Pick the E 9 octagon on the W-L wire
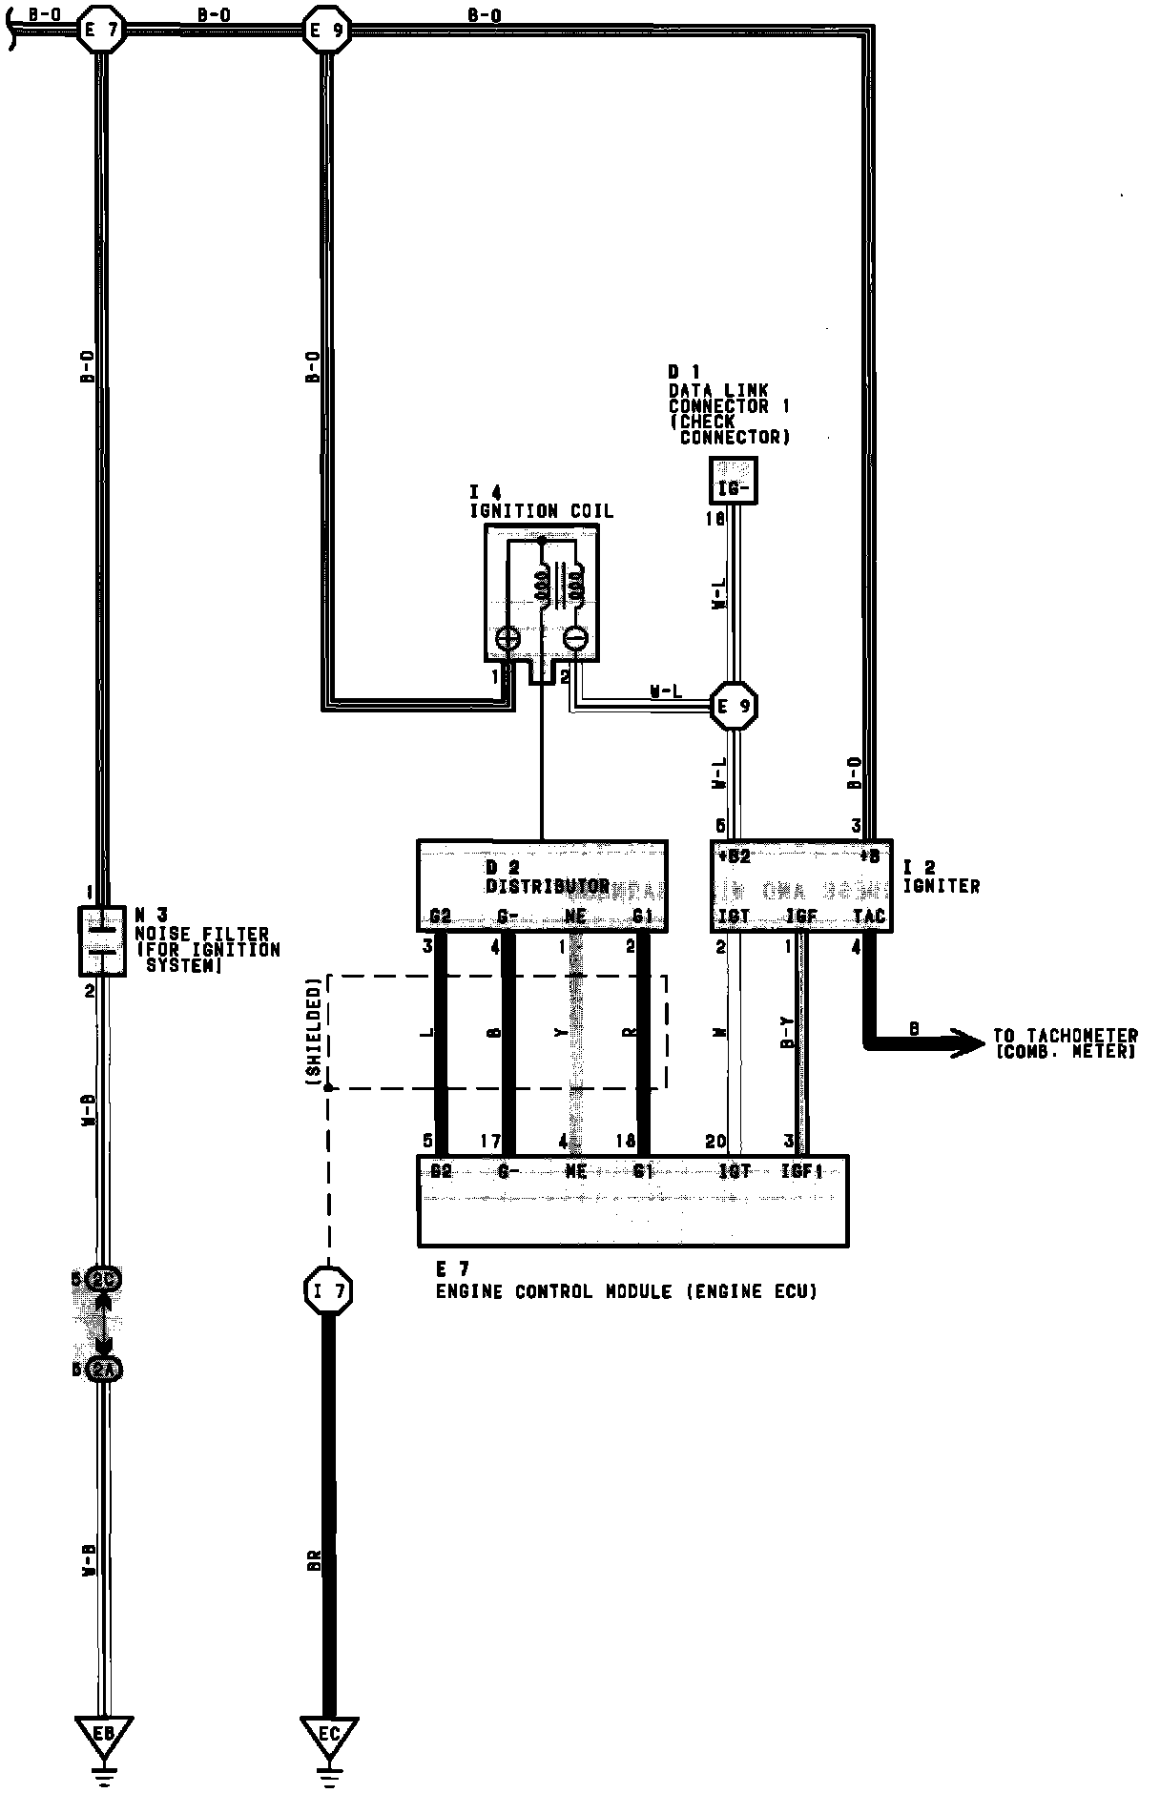735,707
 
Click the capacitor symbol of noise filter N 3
102,939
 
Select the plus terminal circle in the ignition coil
507,638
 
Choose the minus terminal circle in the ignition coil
576,638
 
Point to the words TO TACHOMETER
1066,1036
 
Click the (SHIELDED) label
313,1030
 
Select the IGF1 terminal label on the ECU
801,1171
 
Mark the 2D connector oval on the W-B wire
103,1279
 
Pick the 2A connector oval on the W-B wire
103,1371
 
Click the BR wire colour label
314,1561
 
